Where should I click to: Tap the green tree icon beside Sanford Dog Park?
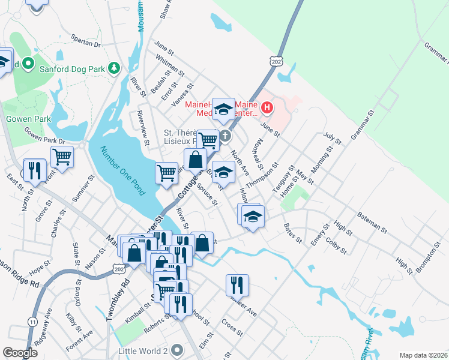[x=113, y=68]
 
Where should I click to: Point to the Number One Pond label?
[x=122, y=171]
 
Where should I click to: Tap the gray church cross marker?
[x=225, y=136]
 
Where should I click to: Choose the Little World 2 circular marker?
[x=176, y=349]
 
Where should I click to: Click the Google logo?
[x=20, y=353]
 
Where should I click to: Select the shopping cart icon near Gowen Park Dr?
[x=62, y=157]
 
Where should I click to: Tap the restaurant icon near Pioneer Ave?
[x=238, y=285]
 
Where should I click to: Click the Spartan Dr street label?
[x=86, y=43]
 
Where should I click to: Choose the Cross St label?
[x=232, y=328]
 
